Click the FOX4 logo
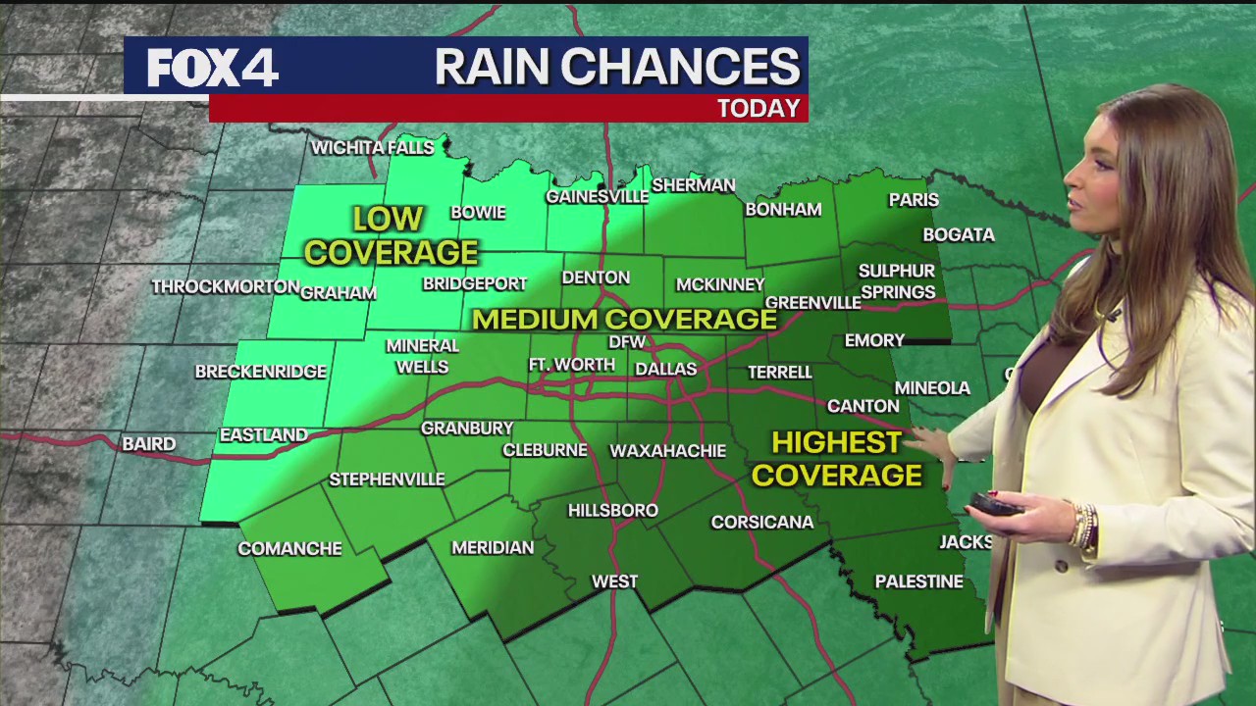213,68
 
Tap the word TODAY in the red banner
759,108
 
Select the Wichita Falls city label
372,148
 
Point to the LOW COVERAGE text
390,235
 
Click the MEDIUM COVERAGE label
624,319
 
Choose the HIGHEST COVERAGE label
837,459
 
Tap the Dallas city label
665,370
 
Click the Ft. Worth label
571,365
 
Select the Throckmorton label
225,286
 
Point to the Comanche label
289,548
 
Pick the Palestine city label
918,581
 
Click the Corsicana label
762,522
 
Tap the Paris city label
914,200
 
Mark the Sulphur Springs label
897,281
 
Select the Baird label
149,444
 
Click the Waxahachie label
667,451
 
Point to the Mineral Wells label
422,356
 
